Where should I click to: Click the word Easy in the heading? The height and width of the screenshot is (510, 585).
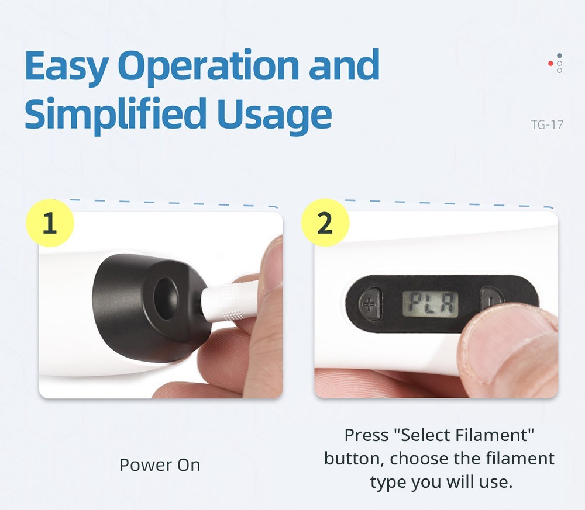click(x=67, y=67)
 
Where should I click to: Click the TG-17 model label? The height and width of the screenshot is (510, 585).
click(x=547, y=124)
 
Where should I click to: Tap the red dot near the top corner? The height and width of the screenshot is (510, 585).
click(x=550, y=63)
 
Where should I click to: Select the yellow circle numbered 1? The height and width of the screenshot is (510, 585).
click(x=50, y=223)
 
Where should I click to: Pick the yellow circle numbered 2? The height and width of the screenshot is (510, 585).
click(x=325, y=223)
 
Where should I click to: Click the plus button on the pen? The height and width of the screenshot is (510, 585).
click(x=369, y=304)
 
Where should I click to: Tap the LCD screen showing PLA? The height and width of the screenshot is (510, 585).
click(x=430, y=304)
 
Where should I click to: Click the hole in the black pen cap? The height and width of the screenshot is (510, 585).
click(x=166, y=298)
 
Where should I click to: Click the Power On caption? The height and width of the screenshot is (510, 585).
click(x=160, y=465)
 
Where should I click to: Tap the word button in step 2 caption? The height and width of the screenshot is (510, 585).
click(x=354, y=459)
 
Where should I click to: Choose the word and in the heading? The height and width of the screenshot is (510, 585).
click(x=344, y=65)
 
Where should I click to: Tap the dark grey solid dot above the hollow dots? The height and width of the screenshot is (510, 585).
click(x=559, y=56)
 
